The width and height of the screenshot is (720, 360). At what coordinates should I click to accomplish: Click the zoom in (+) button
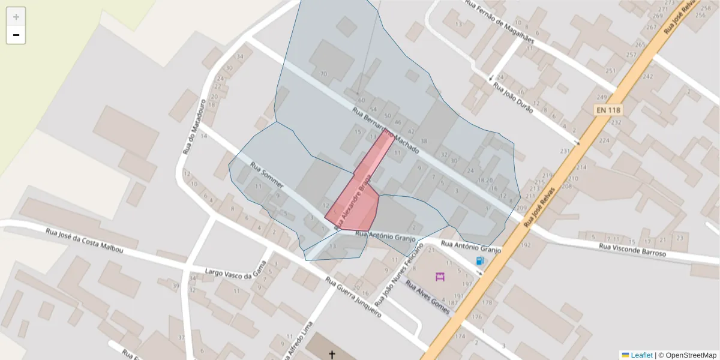coord(16,17)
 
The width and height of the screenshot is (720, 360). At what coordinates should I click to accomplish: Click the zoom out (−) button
coord(16,35)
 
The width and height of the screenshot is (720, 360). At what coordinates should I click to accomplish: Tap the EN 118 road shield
coord(608,110)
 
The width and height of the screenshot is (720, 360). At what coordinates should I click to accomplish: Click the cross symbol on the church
coord(332,355)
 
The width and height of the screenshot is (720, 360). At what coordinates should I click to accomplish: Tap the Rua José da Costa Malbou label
coord(84,240)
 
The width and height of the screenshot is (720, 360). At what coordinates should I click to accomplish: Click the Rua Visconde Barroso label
coord(632,250)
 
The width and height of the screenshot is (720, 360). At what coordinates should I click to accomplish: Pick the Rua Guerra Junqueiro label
coord(353,296)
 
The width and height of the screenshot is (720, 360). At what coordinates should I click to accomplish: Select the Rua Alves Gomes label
coord(427,293)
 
